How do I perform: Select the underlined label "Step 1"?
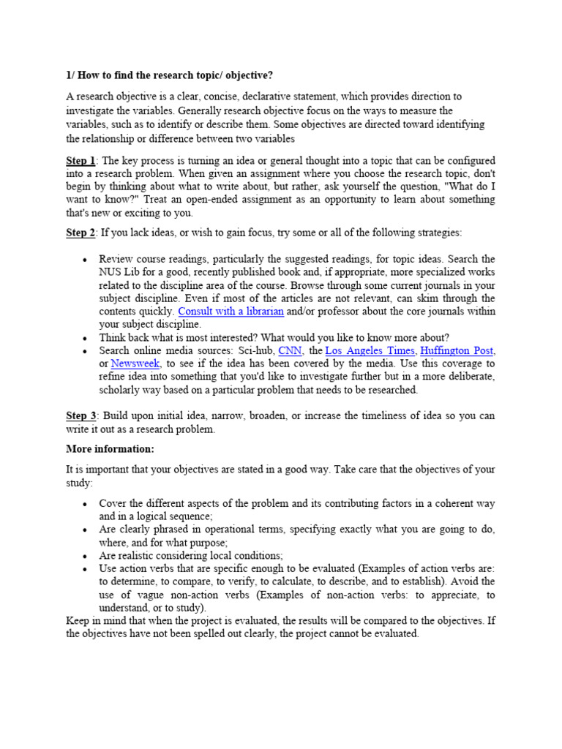(x=80, y=160)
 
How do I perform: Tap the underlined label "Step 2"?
(x=80, y=233)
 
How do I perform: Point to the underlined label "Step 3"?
(x=80, y=415)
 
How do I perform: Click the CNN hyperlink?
(x=291, y=350)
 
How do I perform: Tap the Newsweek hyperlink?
(x=135, y=364)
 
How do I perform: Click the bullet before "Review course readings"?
(x=85, y=260)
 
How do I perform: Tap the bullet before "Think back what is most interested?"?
(x=85, y=338)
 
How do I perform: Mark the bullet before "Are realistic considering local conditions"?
(x=85, y=556)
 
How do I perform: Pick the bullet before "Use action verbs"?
(x=85, y=569)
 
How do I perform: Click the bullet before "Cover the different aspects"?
(x=85, y=504)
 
